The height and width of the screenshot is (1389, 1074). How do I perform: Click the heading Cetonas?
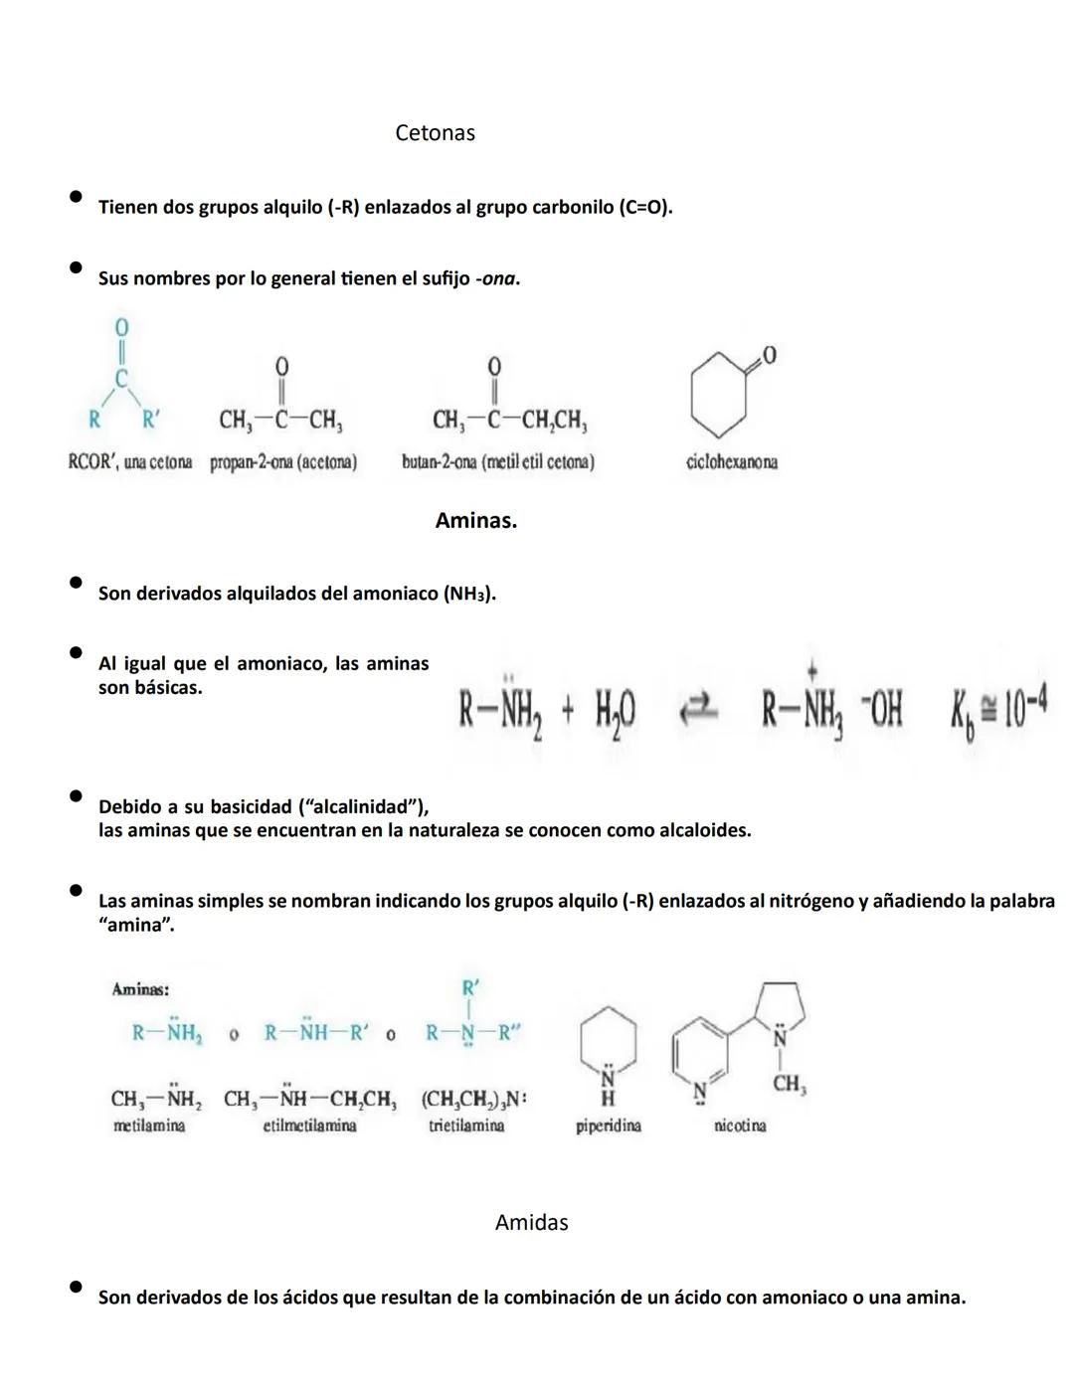click(x=435, y=133)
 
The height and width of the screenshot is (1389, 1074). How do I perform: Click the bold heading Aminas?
click(x=475, y=521)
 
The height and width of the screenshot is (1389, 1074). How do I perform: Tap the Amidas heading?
click(x=531, y=1223)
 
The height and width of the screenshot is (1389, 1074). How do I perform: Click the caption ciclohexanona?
click(x=732, y=462)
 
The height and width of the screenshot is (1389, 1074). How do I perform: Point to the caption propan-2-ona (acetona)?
click(x=283, y=462)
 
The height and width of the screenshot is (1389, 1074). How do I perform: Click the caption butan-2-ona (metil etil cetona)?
click(x=498, y=462)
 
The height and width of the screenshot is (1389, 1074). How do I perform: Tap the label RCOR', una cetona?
click(x=129, y=462)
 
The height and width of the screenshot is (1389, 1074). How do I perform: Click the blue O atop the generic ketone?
click(x=121, y=327)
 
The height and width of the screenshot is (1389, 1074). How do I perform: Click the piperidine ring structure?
click(x=608, y=1044)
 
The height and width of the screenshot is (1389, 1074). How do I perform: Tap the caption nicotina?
click(x=740, y=1126)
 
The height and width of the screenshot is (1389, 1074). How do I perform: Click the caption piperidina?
click(x=608, y=1126)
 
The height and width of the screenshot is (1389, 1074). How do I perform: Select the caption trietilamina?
click(x=466, y=1126)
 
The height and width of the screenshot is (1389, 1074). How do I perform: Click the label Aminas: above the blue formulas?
click(x=140, y=989)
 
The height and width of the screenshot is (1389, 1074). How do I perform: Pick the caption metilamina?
click(x=149, y=1126)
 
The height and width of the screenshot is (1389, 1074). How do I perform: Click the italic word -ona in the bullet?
click(x=498, y=279)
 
